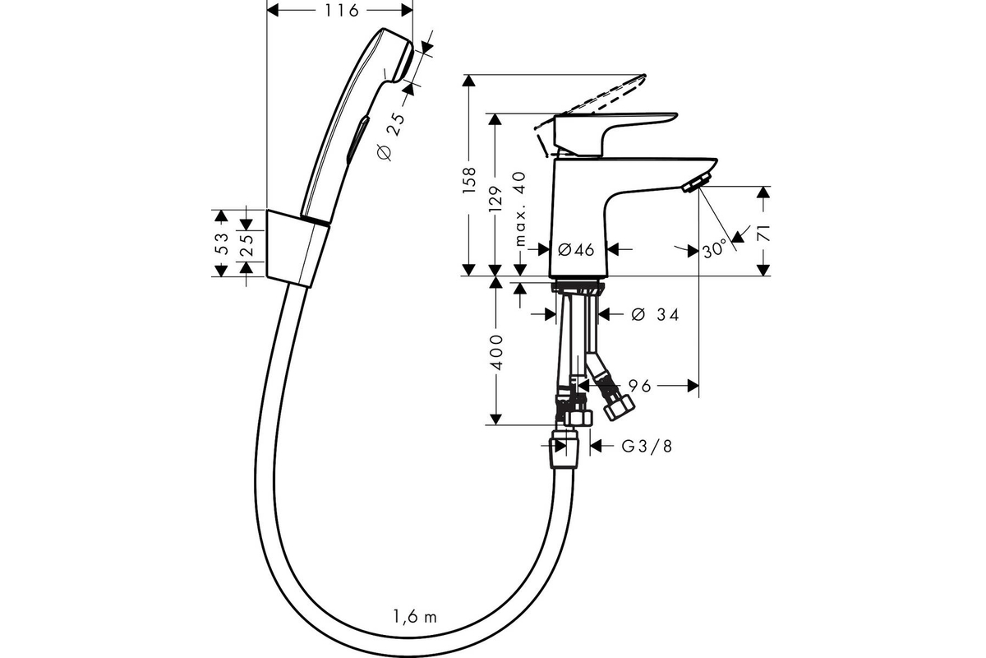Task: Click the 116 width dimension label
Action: click(342, 11)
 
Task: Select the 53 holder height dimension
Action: click(223, 243)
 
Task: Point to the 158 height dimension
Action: click(470, 180)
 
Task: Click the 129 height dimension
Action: click(496, 199)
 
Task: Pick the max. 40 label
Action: click(520, 209)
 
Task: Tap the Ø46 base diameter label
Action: click(576, 250)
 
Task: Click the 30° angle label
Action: click(714, 250)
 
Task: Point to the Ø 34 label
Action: click(656, 315)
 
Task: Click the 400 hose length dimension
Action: click(496, 353)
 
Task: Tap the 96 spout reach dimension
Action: click(639, 386)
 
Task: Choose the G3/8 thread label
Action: click(647, 447)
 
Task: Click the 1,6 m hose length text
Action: click(416, 617)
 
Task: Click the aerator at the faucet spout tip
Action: click(697, 183)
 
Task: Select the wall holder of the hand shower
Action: click(298, 248)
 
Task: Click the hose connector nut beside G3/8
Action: click(564, 449)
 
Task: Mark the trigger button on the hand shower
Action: click(357, 138)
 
